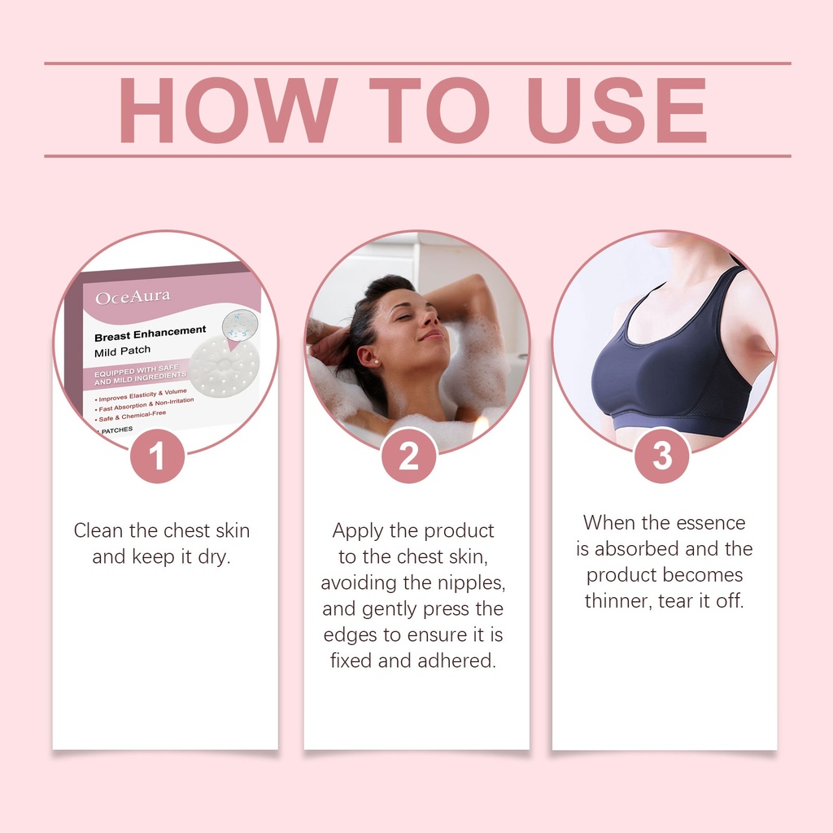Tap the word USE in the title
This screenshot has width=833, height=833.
(x=617, y=110)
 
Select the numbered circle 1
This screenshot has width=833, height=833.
(x=157, y=456)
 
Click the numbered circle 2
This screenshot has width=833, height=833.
(x=408, y=456)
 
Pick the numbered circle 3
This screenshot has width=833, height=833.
(x=662, y=456)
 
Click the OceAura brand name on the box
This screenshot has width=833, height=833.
(x=133, y=297)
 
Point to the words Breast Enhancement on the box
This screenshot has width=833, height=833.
(x=150, y=333)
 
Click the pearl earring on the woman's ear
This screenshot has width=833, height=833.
(x=376, y=362)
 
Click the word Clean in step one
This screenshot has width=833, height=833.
(x=98, y=530)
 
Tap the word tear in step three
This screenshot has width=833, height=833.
(x=676, y=601)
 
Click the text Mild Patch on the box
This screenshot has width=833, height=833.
(x=122, y=351)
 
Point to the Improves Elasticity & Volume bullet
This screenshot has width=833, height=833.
(x=142, y=395)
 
